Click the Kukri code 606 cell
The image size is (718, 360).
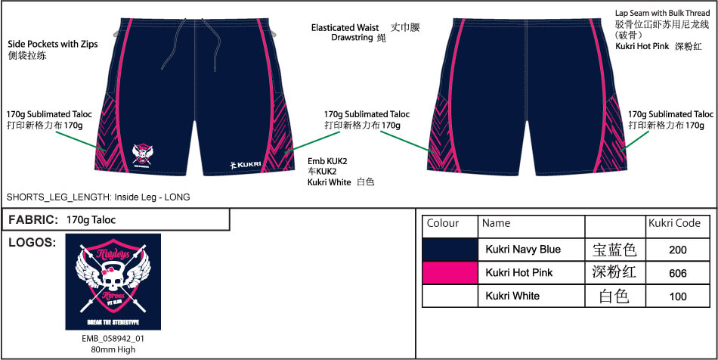(678, 272)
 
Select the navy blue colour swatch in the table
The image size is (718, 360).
(450, 249)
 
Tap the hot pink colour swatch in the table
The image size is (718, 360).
(450, 272)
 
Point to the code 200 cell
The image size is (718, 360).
(678, 250)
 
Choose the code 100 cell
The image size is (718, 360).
(678, 296)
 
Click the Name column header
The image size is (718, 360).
(497, 224)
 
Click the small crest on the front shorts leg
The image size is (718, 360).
(142, 154)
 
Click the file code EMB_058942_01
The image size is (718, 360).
(113, 339)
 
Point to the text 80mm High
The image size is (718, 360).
(113, 349)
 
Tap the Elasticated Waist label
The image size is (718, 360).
(345, 28)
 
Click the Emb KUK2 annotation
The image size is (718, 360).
(327, 160)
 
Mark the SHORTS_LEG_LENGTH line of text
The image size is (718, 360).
(98, 197)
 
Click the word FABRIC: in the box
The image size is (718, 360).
(33, 220)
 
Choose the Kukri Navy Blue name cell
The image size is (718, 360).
(523, 250)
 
